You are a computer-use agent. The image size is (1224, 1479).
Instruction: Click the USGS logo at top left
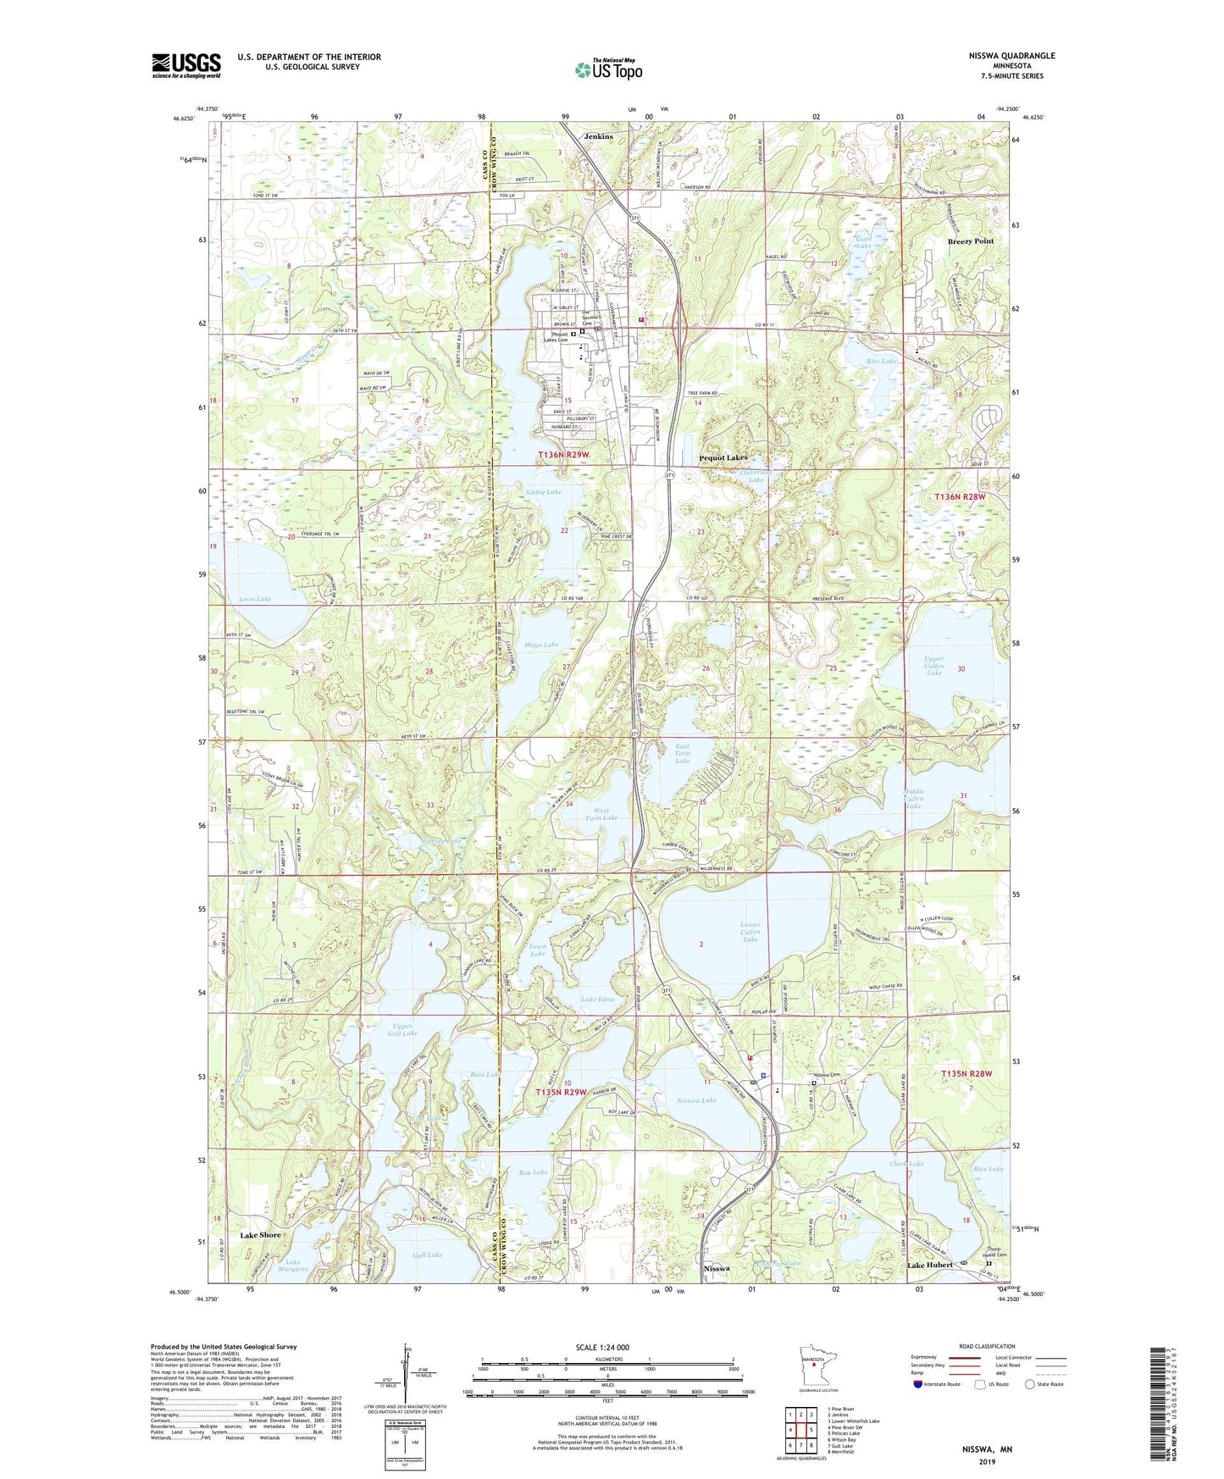(186, 65)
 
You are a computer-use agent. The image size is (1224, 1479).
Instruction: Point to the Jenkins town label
(599, 136)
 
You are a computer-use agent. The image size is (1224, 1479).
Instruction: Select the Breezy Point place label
(970, 241)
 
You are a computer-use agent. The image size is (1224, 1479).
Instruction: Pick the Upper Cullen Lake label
(934, 666)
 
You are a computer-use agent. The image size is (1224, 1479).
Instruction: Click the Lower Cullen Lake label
(750, 932)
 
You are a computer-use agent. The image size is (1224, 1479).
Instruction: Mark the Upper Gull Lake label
(404, 1029)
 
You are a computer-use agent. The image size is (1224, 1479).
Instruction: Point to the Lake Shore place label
(260, 1235)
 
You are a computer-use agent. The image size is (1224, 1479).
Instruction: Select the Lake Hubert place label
(930, 1265)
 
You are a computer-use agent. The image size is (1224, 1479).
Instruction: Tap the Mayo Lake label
(541, 645)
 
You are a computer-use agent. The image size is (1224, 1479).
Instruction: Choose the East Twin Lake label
(682, 754)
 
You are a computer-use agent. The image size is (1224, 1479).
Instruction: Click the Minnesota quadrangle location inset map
(817, 1365)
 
